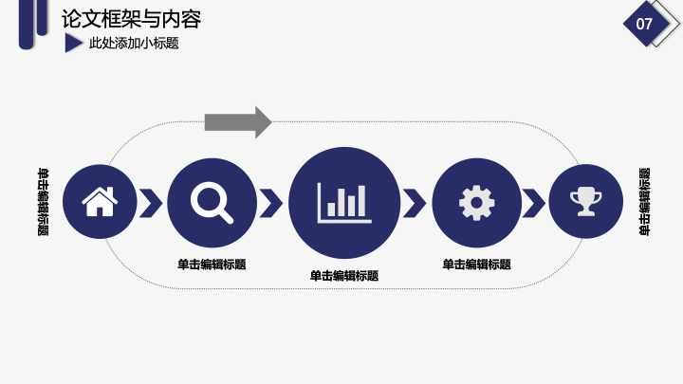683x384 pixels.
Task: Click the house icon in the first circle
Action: click(x=100, y=201)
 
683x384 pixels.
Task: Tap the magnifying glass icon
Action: click(x=212, y=203)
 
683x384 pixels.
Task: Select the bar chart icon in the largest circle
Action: click(x=344, y=203)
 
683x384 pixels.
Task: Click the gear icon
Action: click(x=476, y=203)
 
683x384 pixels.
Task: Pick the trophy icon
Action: click(x=586, y=201)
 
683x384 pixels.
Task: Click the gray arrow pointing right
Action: click(x=238, y=122)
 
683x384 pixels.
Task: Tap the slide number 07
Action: click(x=644, y=24)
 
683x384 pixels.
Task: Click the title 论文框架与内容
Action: click(x=131, y=19)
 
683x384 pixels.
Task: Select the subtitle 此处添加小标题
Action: click(x=134, y=43)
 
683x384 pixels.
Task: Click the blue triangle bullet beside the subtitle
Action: click(x=73, y=43)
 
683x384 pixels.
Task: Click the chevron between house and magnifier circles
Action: click(x=151, y=203)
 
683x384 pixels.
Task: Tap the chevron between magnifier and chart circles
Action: click(x=271, y=203)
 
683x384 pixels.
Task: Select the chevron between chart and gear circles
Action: click(x=415, y=203)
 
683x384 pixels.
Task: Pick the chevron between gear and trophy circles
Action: click(x=533, y=203)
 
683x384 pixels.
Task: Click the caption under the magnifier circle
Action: click(x=212, y=265)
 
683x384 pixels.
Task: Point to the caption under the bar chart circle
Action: click(x=344, y=276)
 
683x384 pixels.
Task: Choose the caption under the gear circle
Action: click(x=476, y=265)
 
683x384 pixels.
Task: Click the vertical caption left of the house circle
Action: click(x=43, y=202)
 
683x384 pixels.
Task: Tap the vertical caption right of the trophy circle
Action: click(x=644, y=202)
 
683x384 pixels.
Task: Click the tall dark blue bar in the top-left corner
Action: click(x=27, y=24)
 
